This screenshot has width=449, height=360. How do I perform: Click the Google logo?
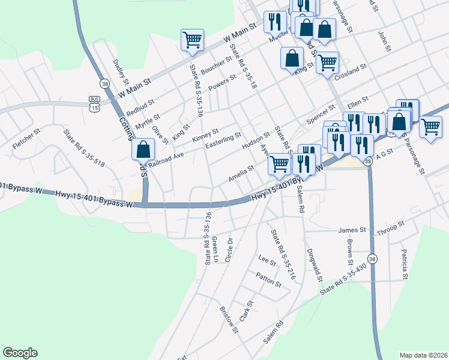20,353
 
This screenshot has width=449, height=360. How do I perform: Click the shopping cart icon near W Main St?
193,40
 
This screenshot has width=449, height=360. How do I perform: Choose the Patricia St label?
406,265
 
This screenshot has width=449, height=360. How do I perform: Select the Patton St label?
268,280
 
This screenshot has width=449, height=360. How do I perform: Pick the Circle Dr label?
229,249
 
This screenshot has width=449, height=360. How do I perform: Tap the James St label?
352,230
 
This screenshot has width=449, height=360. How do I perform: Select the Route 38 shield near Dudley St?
105,83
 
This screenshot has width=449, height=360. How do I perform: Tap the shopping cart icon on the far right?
430,127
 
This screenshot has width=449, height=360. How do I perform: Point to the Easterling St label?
223,142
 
